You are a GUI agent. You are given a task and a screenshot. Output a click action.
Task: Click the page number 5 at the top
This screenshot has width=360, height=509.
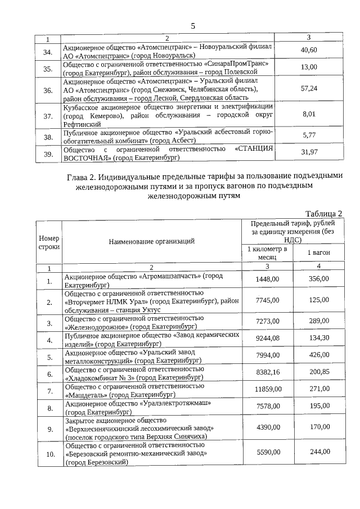193,26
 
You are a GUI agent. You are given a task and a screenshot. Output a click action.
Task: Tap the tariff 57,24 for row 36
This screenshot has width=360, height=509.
309,89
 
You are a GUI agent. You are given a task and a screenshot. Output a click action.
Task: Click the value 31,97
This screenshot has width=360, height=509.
309,152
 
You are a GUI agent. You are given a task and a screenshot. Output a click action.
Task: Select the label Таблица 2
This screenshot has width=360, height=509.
323,213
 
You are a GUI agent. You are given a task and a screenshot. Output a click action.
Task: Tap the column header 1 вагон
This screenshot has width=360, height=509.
318,253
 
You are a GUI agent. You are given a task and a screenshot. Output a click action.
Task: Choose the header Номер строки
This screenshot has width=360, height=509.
49,241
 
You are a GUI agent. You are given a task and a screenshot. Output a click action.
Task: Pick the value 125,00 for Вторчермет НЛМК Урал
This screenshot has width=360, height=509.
318,300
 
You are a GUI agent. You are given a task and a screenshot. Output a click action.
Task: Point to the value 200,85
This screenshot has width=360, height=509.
318,373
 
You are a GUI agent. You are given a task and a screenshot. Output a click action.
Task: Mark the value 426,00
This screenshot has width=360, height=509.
318,356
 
